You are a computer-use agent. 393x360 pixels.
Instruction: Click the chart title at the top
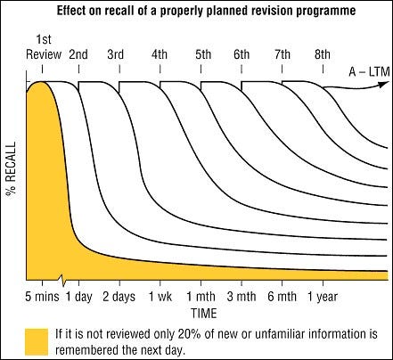pos(206,11)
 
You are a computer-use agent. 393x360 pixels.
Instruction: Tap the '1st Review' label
pos(44,47)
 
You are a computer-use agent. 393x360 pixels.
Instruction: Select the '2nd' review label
pos(78,54)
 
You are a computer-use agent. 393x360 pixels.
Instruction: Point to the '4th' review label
pos(160,54)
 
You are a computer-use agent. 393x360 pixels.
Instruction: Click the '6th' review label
pos(242,54)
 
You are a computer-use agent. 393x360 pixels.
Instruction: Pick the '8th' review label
pos(323,54)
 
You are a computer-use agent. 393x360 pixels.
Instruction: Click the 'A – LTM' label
pos(369,71)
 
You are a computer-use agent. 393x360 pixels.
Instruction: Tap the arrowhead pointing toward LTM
pos(384,84)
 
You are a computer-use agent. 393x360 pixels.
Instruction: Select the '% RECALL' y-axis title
pos(11,168)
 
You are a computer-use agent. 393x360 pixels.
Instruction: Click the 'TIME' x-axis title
pos(204,314)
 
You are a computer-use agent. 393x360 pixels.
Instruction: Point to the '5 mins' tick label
pos(42,297)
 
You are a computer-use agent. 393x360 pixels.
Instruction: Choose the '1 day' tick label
pos(79,297)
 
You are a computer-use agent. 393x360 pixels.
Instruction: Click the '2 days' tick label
pos(119,297)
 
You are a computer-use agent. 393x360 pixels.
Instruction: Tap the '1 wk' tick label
pos(160,297)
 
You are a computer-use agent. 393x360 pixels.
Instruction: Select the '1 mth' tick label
pos(201,297)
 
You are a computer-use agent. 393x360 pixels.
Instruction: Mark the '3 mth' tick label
pos(242,297)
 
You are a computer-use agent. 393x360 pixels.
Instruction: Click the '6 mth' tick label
pos(282,297)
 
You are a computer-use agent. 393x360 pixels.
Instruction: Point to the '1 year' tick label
pos(323,297)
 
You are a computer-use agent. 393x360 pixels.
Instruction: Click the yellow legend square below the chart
pos(37,342)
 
